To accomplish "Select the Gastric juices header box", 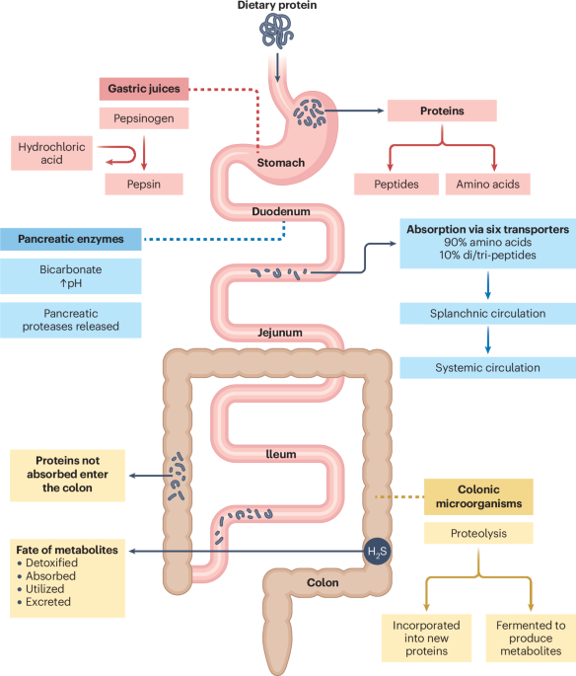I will click(142, 89).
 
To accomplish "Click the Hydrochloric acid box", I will click(50, 153).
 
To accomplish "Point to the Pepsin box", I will click(143, 184).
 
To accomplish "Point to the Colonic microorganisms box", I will click(478, 496).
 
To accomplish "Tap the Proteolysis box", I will click(478, 534).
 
